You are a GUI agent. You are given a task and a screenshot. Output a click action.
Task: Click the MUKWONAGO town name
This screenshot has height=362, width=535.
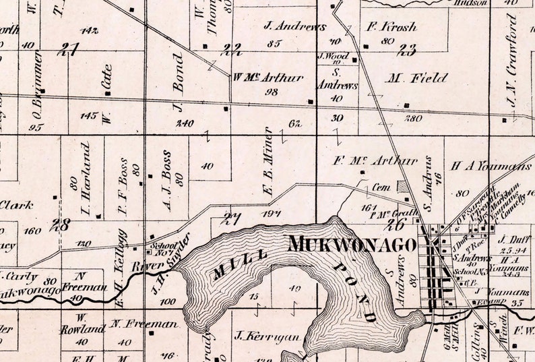pos(351,244)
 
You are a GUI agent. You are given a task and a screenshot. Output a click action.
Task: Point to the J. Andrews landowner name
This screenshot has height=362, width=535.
pos(295,28)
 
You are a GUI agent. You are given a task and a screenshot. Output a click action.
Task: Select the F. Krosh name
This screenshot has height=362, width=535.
pos(391,28)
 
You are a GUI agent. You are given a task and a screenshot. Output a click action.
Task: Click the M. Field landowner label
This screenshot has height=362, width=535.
pos(417,78)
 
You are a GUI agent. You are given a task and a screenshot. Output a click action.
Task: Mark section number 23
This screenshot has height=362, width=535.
pos(406,49)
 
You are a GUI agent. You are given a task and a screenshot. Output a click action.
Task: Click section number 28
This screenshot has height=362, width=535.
pos(62,224)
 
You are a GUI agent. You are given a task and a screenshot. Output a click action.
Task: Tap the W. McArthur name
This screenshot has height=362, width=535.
pos(268,77)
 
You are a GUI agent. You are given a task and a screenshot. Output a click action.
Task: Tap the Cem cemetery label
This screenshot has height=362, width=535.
pos(381,187)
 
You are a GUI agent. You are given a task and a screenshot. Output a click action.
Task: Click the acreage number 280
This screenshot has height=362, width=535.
pos(413,117)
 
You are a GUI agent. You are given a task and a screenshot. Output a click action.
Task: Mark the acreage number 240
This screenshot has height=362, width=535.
pos(185,123)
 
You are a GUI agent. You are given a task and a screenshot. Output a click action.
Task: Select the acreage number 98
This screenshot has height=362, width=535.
pos(272,92)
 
